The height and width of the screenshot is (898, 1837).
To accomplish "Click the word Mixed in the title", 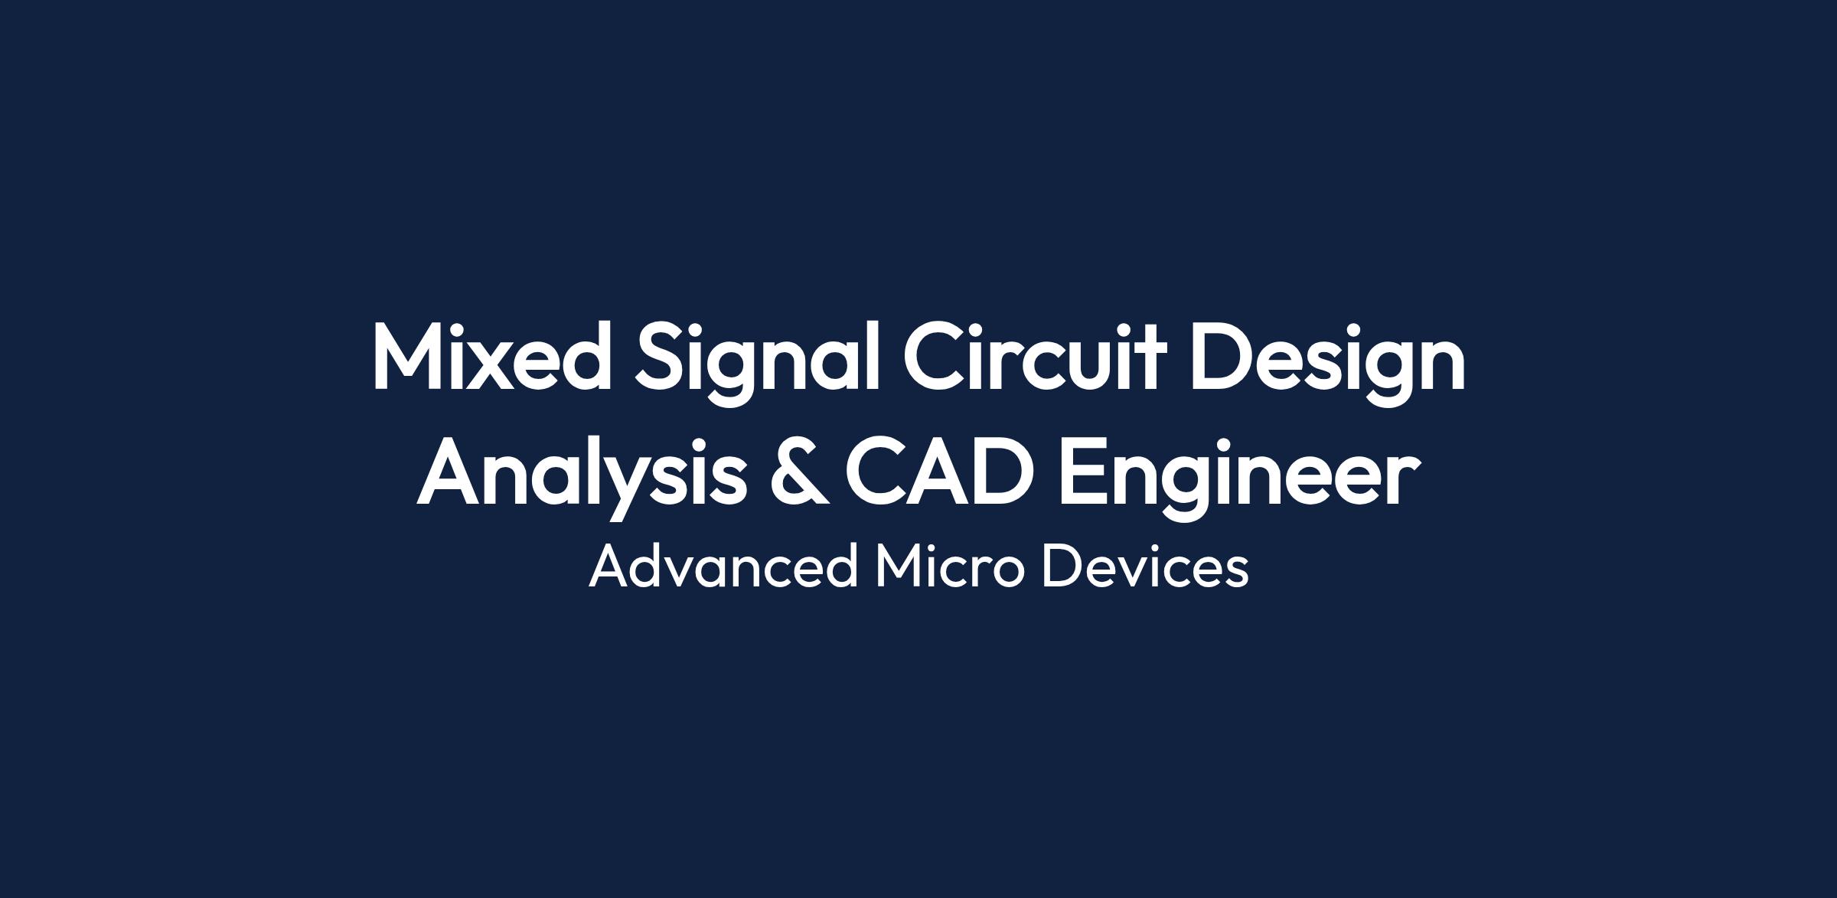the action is [492, 355].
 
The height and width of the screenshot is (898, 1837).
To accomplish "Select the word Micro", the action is [949, 567].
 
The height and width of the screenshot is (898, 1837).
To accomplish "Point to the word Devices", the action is [1145, 567].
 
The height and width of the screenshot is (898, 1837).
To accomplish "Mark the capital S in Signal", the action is [661, 355].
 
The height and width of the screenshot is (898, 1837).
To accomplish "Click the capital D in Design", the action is [1222, 355].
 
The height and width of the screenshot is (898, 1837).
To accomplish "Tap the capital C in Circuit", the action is [937, 355].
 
